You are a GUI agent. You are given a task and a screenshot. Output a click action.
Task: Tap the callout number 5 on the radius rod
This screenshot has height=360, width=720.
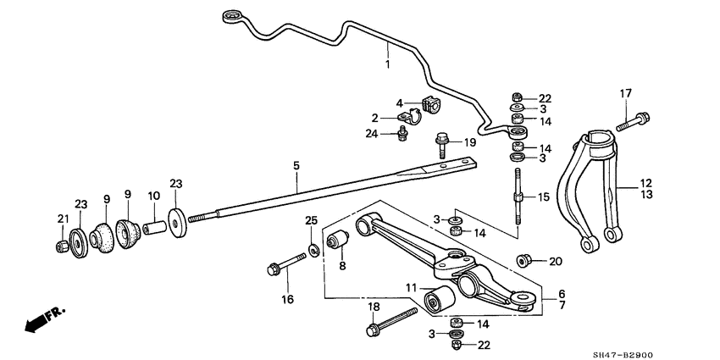(x=296, y=167)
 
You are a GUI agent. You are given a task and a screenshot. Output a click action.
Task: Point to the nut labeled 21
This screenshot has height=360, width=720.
(x=61, y=246)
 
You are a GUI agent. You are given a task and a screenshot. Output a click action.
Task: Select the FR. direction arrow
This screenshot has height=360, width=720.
(x=46, y=319)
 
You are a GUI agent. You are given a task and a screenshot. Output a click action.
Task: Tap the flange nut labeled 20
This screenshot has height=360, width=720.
(x=523, y=261)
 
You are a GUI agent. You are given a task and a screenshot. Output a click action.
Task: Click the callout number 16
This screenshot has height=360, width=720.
(x=287, y=299)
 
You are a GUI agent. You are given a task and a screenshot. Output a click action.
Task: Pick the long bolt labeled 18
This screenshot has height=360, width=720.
(x=390, y=319)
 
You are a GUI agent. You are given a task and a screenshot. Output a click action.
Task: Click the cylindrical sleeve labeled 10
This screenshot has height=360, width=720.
(x=155, y=229)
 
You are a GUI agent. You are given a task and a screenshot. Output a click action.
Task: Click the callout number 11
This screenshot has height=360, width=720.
(x=410, y=289)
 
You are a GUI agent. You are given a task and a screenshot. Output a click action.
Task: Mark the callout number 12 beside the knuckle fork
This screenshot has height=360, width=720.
(x=645, y=182)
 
